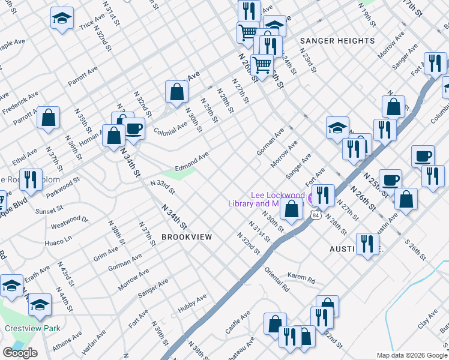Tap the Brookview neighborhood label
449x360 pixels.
pyautogui.click(x=187, y=237)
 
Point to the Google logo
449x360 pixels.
pyautogui.click(x=20, y=352)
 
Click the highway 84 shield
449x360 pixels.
pyautogui.click(x=315, y=214)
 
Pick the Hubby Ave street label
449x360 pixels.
pyautogui.click(x=192, y=304)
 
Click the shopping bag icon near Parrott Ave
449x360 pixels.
pyautogui.click(x=49, y=117)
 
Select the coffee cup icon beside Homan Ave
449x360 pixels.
pyautogui.click(x=134, y=128)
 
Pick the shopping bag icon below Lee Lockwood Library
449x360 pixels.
pyautogui.click(x=292, y=209)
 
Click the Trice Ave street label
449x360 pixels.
pyautogui.click(x=92, y=23)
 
